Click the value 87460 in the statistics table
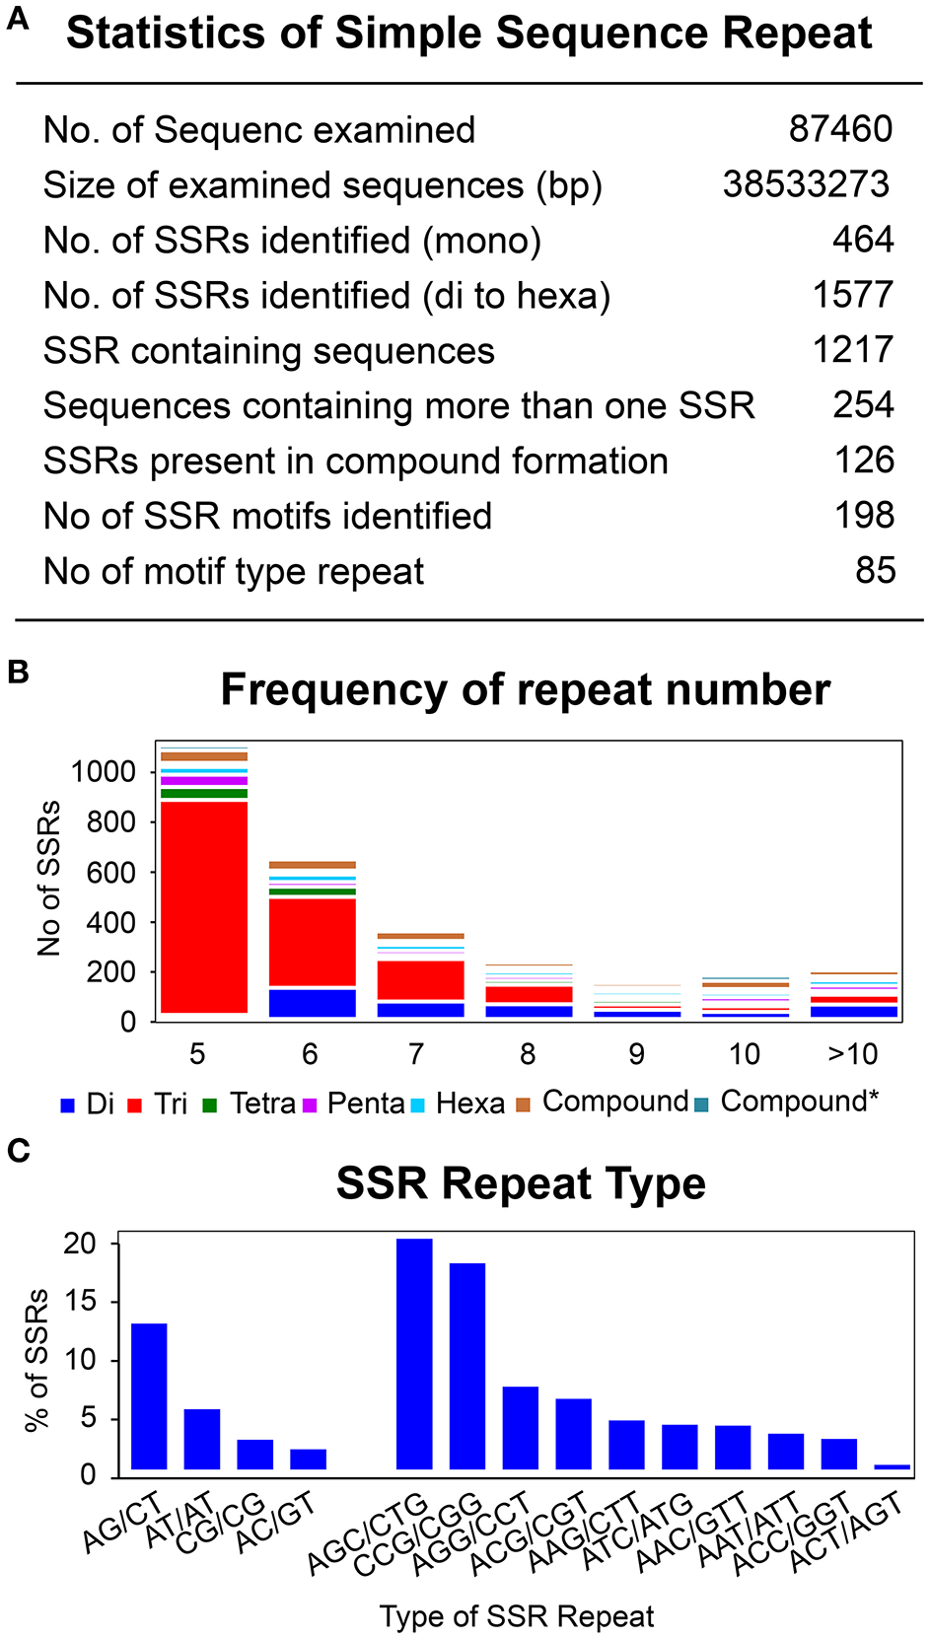tap(840, 129)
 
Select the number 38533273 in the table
tap(806, 184)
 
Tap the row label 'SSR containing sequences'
tap(268, 351)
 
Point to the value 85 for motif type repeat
tap(875, 571)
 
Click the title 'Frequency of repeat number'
tap(525, 689)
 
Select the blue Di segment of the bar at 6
tap(313, 1003)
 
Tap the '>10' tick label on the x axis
tap(852, 1054)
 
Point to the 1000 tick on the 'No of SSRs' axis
tap(103, 772)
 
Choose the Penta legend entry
tap(365, 1104)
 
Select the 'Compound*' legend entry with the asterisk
tap(799, 1102)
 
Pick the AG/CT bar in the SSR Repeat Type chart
tap(149, 1396)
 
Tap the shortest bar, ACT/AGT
tap(892, 1467)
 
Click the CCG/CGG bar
tap(467, 1366)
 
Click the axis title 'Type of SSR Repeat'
tap(517, 1617)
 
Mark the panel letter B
tap(18, 673)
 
